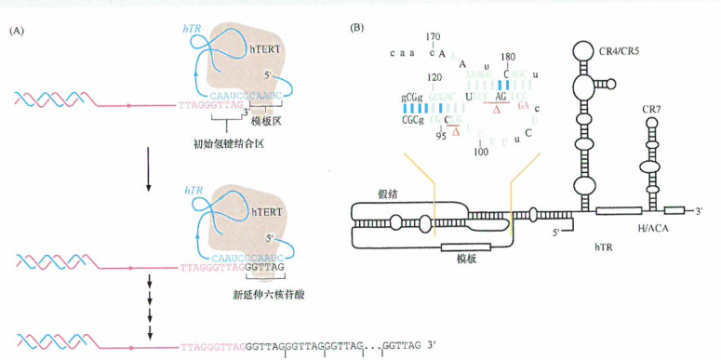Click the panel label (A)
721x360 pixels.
tap(17, 31)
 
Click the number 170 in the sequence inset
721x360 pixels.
tap(433, 36)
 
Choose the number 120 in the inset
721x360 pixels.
tap(433, 79)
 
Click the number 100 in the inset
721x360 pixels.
tap(481, 150)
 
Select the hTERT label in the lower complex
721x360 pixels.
tap(266, 213)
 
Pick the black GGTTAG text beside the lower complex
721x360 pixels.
tap(264, 266)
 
